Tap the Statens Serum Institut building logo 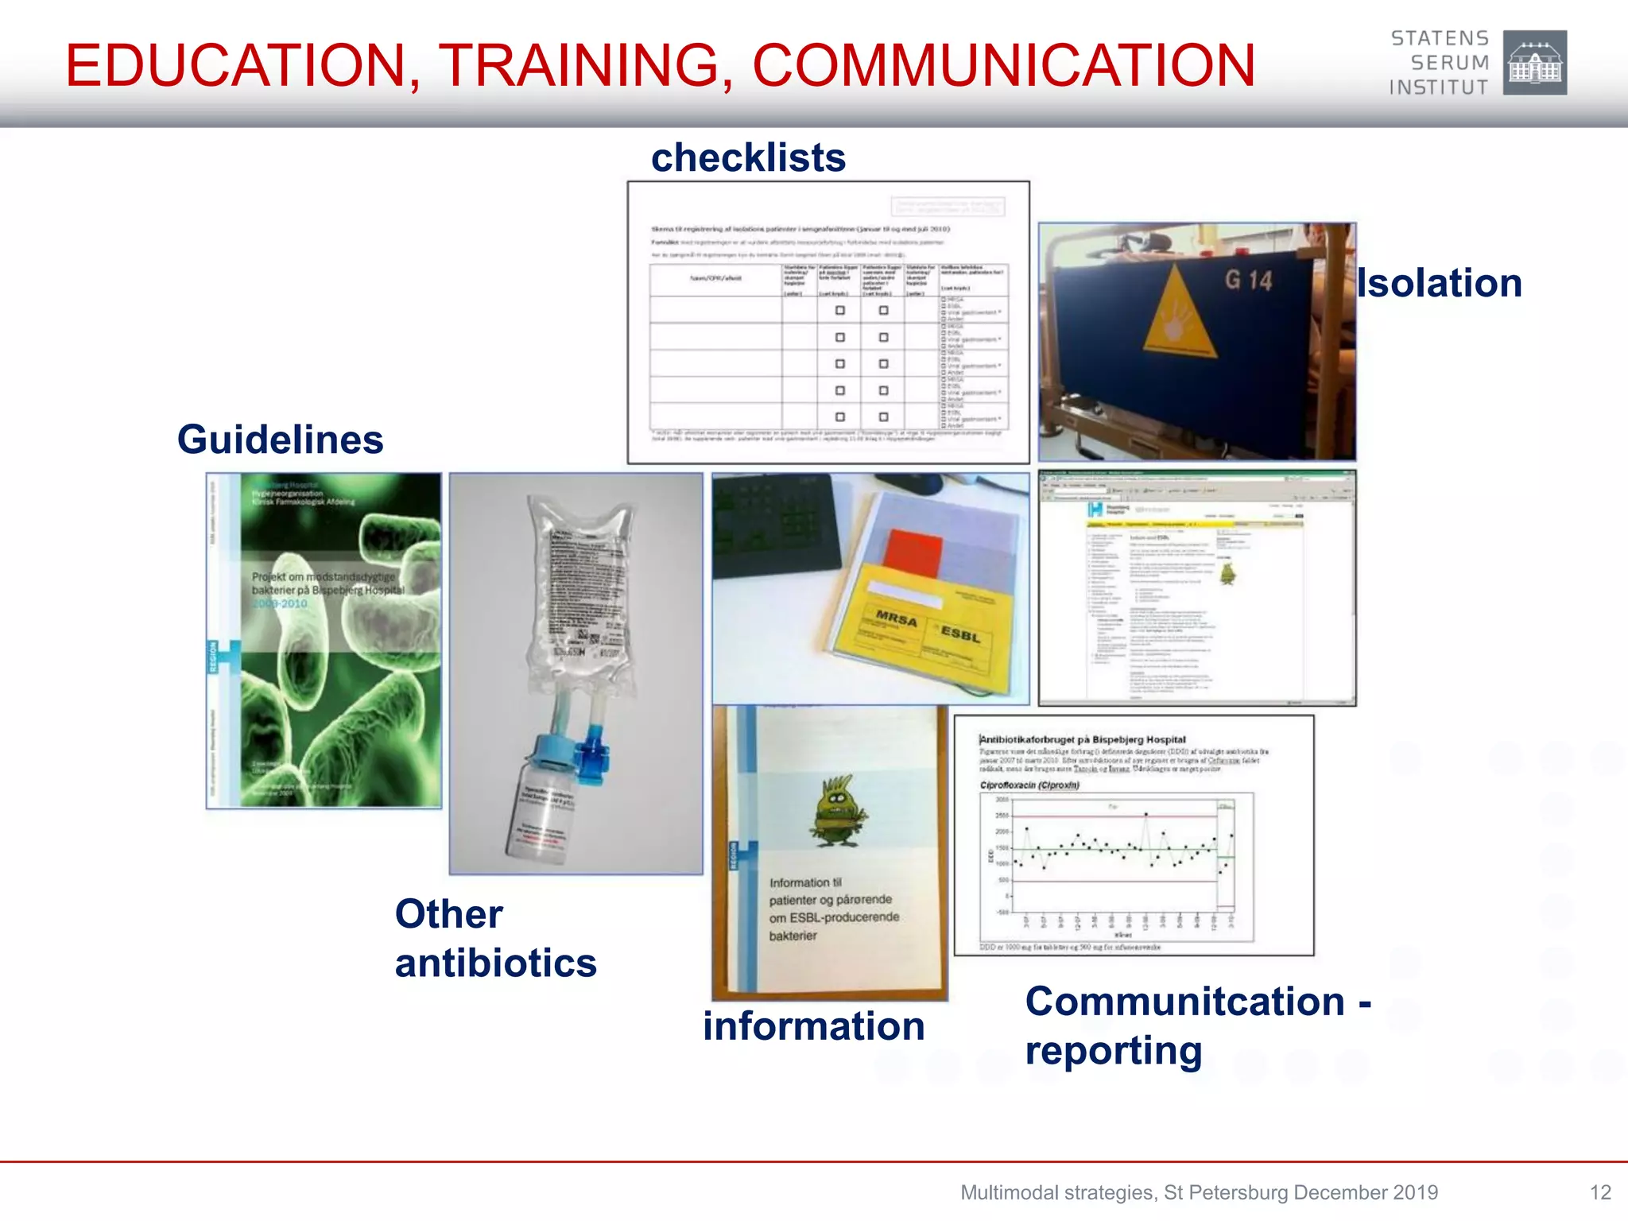point(1534,63)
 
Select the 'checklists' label point(748,157)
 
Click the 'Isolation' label point(1439,283)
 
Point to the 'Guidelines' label point(280,440)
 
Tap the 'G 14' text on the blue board point(1248,280)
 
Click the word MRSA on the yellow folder point(896,618)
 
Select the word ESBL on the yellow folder point(960,634)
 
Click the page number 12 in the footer point(1599,1192)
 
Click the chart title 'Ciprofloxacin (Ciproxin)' point(1029,785)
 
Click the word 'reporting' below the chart point(1113,1050)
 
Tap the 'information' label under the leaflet point(813,1025)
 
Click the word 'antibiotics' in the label point(495,963)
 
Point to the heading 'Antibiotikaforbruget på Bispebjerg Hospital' point(1083,739)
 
